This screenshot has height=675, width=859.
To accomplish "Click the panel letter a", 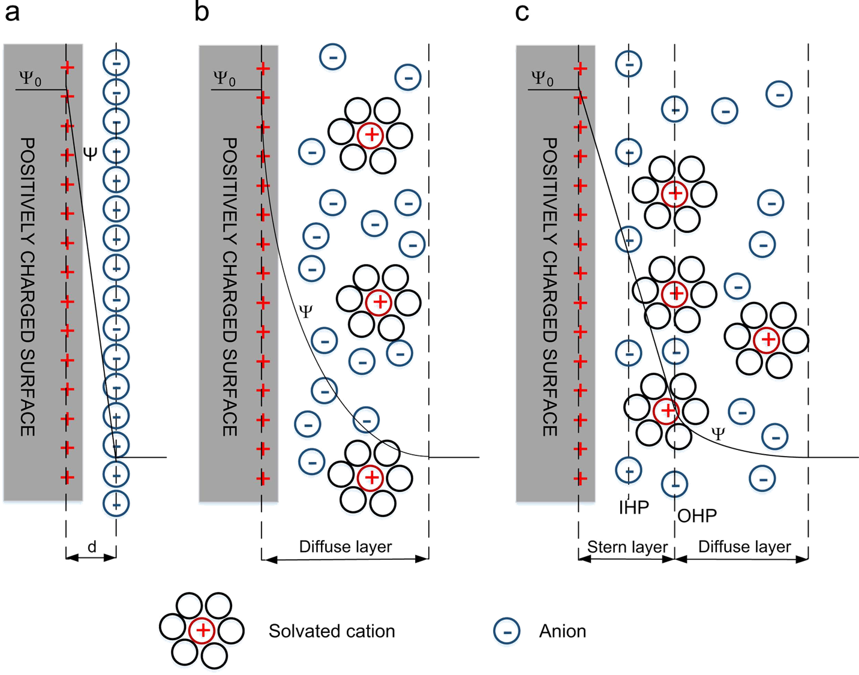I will tap(11, 13).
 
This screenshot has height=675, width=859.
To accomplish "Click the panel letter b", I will tap(202, 13).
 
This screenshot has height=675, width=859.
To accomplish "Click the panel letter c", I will tap(522, 13).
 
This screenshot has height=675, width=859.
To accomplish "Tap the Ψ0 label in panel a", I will tap(31, 79).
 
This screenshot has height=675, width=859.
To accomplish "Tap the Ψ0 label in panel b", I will tap(224, 79).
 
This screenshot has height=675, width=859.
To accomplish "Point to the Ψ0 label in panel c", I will tap(542, 79).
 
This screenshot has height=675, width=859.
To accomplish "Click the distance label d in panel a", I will tap(91, 547).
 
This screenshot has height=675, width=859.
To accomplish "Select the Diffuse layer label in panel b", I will tap(346, 547).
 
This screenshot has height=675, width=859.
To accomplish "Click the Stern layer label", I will tap(627, 547).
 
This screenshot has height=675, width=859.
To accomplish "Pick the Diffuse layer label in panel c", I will tap(744, 547).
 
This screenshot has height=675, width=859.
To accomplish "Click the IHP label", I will tap(633, 508).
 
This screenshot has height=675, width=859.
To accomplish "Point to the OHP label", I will tap(697, 515).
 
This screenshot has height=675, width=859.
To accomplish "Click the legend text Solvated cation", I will tap(331, 631).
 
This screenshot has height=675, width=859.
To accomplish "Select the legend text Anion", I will tap(562, 631).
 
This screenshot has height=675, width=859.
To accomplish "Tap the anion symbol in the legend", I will tap(506, 632).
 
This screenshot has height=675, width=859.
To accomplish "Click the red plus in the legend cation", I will tap(203, 631).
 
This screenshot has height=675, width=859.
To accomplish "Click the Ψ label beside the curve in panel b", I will tap(306, 311).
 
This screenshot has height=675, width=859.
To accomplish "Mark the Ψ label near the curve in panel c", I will tap(717, 433).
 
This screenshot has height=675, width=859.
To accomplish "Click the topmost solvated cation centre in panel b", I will tap(371, 135).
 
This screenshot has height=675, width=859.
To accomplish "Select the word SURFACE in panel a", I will tap(28, 389).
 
